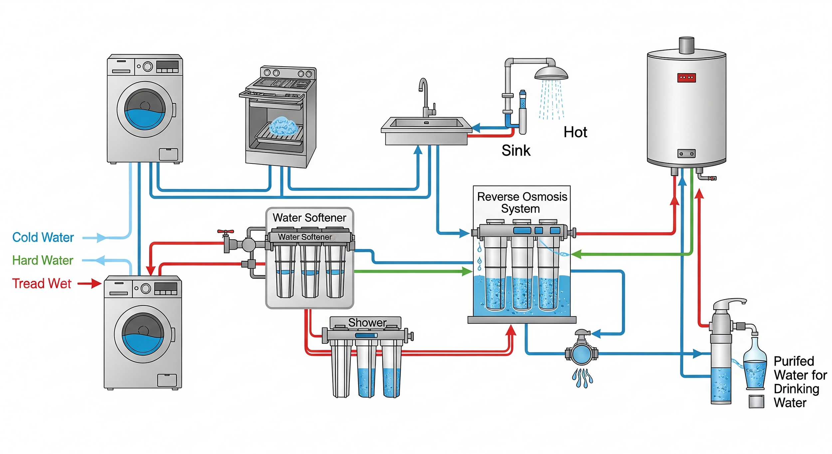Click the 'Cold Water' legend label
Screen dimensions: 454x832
click(43, 238)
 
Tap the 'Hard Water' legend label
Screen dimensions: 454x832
click(43, 261)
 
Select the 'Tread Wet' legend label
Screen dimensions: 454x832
click(42, 284)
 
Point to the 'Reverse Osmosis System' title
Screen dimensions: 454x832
click(522, 203)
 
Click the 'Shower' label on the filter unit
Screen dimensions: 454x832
click(367, 323)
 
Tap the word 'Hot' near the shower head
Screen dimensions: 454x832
click(575, 132)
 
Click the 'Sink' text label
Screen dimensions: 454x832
click(516, 151)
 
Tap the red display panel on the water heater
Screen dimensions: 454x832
click(686, 78)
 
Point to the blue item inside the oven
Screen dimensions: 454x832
click(283, 126)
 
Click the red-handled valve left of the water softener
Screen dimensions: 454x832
click(226, 232)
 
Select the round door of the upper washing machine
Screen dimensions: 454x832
click(145, 110)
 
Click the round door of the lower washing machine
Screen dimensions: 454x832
click(143, 334)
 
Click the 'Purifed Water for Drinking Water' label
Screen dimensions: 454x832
click(799, 382)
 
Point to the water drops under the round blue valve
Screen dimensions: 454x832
click(582, 378)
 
